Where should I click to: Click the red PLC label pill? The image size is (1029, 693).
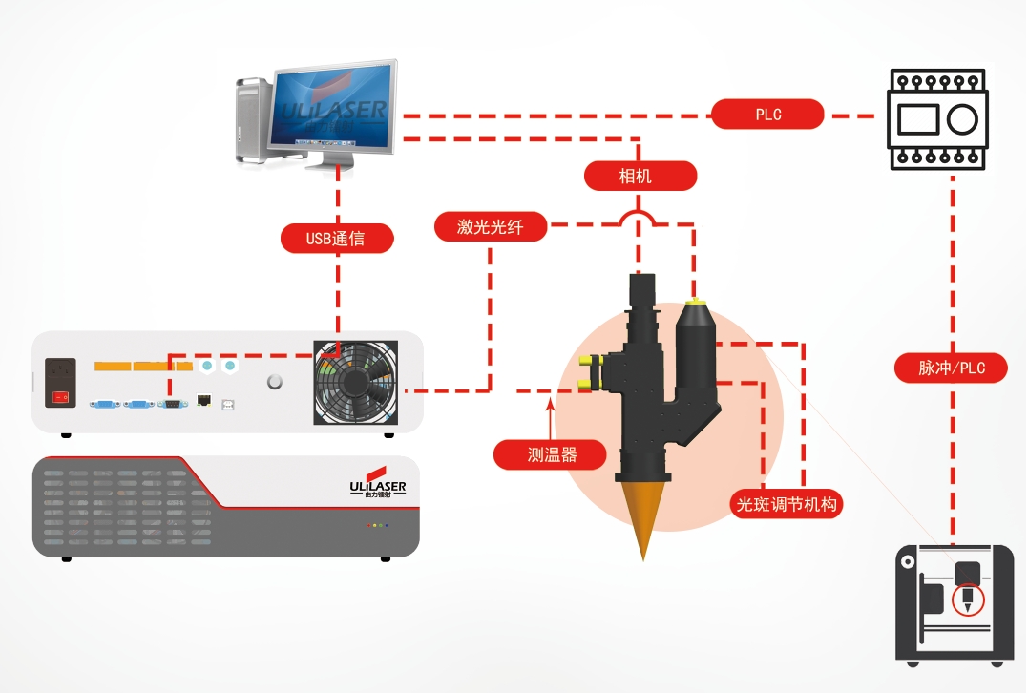pos(767,115)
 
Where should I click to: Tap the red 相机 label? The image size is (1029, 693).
pos(640,176)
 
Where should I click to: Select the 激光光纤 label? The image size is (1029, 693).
pos(491,227)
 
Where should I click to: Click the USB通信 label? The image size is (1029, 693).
pos(336,239)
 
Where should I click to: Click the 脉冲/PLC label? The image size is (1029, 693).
pos(951,367)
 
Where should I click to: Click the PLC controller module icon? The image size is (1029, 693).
pos(935,118)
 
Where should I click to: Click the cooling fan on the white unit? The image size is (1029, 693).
pos(355,382)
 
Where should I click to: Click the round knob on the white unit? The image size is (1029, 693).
pos(276,382)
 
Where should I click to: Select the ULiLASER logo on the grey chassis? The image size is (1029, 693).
pos(377,487)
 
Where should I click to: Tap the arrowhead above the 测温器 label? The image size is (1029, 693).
pos(551,407)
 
